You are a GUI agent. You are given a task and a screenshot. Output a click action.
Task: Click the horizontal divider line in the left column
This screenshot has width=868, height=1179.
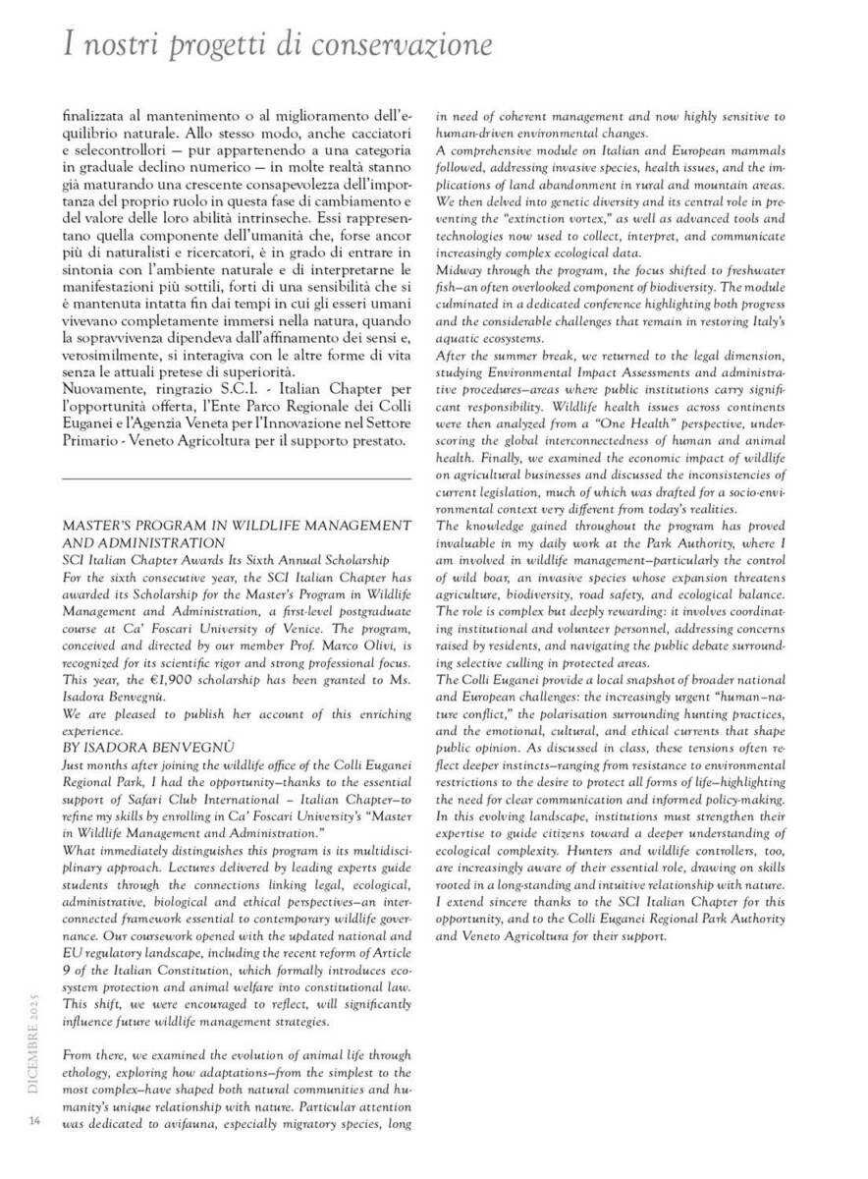click(236, 478)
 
